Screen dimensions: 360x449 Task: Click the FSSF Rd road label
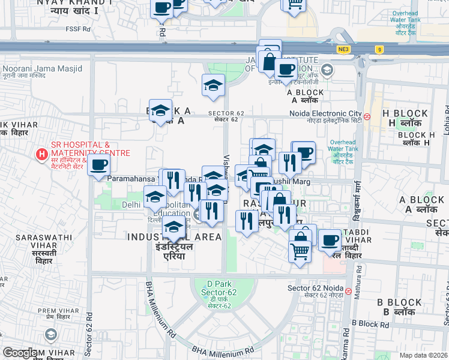click(79, 29)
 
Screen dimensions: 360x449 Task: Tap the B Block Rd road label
click(371, 323)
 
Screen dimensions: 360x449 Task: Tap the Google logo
click(20, 353)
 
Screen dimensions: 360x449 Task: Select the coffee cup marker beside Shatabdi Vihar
click(329, 241)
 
